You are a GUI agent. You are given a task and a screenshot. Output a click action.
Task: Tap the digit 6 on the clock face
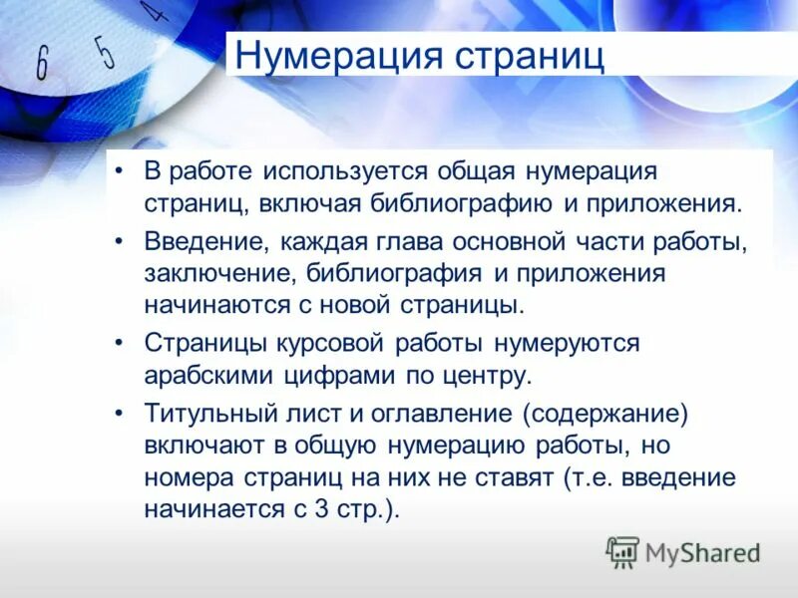(42, 63)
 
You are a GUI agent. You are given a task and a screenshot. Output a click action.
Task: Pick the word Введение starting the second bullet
(204, 240)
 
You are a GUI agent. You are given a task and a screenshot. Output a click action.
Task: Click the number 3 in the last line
(322, 508)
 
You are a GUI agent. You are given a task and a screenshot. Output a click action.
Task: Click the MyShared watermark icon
(622, 551)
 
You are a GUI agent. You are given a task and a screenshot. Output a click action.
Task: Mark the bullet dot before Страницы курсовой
(121, 342)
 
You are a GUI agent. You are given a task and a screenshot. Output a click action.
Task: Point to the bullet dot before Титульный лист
(121, 412)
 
